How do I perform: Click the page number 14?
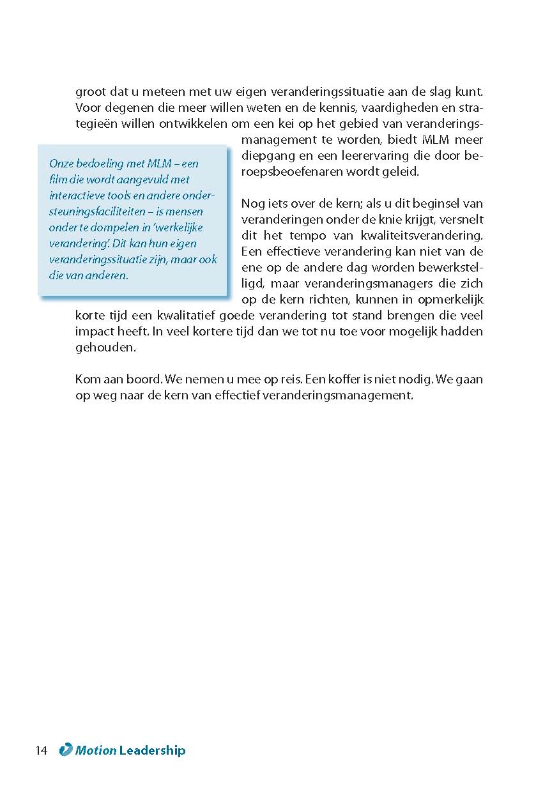(x=42, y=751)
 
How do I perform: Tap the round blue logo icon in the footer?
(x=65, y=750)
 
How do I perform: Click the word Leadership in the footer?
(x=152, y=751)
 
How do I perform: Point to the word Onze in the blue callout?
(x=61, y=164)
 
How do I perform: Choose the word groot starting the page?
(x=88, y=92)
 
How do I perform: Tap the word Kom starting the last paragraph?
(x=86, y=379)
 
